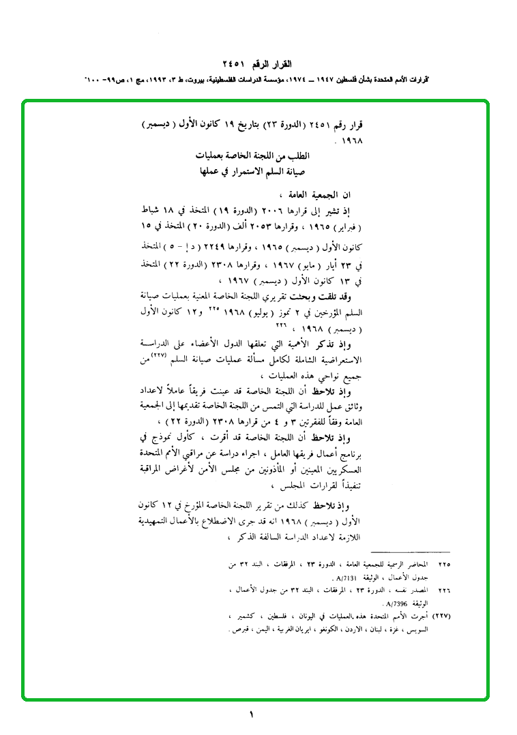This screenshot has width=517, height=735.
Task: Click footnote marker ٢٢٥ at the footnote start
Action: click(445, 565)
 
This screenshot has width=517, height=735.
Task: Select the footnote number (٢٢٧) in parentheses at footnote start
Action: click(443, 616)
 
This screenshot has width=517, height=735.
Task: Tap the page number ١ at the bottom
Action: click(251, 715)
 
